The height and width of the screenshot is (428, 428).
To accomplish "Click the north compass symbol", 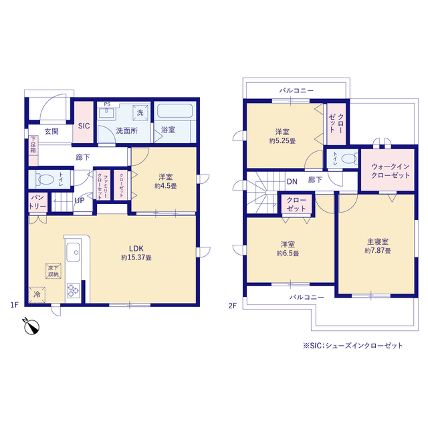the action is point(31,326).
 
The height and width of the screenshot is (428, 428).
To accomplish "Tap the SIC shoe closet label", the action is point(84,126).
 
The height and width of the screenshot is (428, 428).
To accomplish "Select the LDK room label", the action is point(136,248).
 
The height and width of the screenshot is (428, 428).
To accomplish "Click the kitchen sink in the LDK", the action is point(74,252).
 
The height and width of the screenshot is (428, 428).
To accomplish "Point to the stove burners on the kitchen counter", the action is point(74,290).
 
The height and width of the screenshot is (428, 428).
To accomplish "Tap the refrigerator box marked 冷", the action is point(37,295).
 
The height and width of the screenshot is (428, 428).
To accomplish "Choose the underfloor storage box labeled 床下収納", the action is point(53,271).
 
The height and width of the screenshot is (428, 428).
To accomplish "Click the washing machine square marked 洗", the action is point(140,112).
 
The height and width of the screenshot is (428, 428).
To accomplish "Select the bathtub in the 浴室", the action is point(175,110).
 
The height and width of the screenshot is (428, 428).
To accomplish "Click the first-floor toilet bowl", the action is point(46,179).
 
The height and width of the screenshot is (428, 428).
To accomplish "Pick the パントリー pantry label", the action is point(37,202).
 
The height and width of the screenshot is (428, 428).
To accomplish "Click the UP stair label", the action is point(80,201).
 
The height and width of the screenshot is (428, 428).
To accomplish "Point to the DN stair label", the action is point(292,181).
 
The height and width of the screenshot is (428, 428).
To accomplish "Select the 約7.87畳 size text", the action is point(378,250).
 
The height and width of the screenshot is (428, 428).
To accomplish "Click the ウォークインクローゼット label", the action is point(391,171).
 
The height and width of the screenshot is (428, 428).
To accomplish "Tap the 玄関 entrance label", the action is point(51,131).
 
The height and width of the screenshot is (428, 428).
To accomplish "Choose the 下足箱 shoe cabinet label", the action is point(33,144).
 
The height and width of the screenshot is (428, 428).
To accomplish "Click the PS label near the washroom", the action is point(107,104).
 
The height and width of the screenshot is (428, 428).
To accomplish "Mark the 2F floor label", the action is point(232,306).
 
